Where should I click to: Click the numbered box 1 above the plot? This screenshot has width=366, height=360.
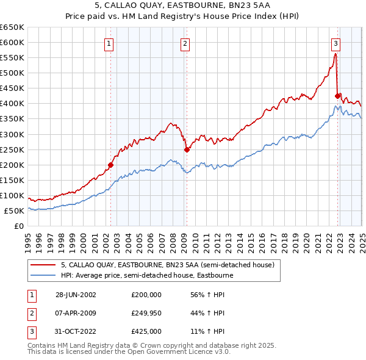pos(109,43)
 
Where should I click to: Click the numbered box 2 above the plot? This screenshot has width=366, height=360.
pos(184,43)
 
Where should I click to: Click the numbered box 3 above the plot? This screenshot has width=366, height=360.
pos(335,43)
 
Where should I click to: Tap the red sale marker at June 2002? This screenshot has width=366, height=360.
pos(111,165)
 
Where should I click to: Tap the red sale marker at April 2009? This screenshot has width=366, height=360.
pos(187,149)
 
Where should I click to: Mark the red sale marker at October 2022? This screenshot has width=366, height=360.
pos(337,96)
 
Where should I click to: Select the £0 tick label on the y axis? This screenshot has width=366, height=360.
pos(20,226)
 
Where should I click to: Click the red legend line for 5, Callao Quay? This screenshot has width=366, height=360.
pos(43,265)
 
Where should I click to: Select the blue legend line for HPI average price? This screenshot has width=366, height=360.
pos(43,275)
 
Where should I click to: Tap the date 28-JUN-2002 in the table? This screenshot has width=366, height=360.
pos(76,294)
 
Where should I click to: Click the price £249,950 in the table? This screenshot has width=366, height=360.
pos(146,313)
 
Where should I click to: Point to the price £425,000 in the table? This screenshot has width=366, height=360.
pos(146,331)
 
